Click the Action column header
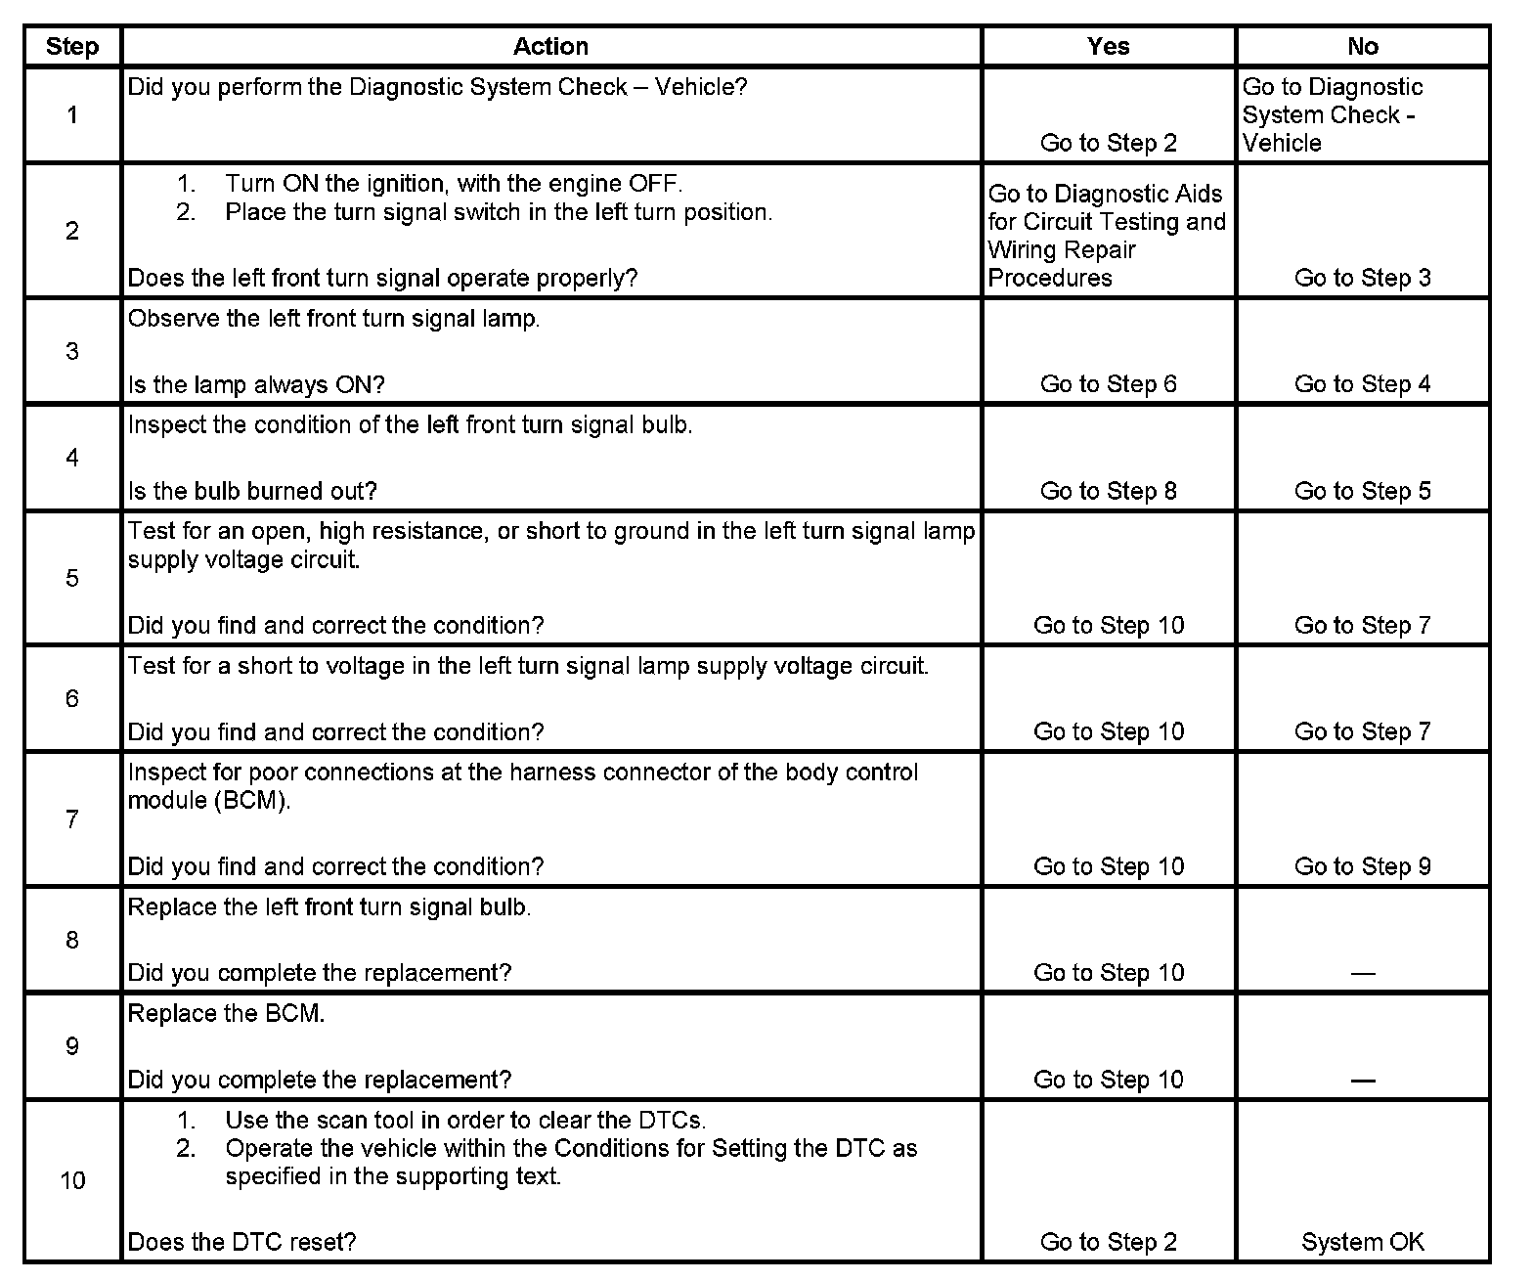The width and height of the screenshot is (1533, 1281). [550, 47]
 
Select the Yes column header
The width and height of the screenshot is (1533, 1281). [1108, 47]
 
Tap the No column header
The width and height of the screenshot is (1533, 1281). [1362, 47]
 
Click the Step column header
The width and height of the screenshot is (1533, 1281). [72, 47]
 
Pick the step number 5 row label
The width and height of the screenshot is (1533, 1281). [72, 578]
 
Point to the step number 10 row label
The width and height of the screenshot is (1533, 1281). [72, 1180]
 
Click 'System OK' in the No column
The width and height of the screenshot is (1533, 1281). [1362, 1242]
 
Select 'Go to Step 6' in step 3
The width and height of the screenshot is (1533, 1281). [1108, 384]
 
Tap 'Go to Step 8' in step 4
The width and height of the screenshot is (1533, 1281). [1108, 491]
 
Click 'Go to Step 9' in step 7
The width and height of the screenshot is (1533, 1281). [1362, 866]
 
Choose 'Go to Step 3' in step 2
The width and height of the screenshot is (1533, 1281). [1362, 278]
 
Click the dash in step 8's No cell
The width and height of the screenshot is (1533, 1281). [1362, 973]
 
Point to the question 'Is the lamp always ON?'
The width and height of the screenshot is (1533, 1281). [256, 385]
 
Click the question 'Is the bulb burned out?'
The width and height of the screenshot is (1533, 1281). [252, 491]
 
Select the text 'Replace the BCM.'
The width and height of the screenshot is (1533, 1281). [226, 1014]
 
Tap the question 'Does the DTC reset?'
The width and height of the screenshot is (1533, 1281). [241, 1242]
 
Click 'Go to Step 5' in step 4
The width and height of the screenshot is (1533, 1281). [1362, 491]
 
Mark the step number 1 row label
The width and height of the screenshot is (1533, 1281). [72, 115]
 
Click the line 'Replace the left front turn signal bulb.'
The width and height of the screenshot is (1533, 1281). [329, 907]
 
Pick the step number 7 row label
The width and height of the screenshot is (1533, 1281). [72, 819]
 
